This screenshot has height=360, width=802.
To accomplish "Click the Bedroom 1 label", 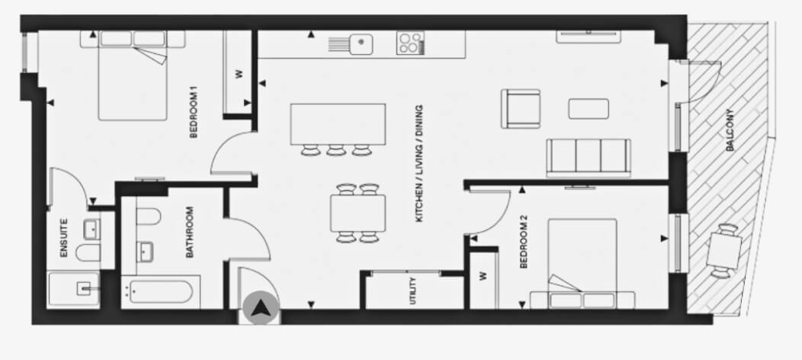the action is coord(194,115).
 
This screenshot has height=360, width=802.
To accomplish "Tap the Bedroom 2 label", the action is coord(523,242).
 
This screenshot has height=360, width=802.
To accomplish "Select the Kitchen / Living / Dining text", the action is coord(419,164).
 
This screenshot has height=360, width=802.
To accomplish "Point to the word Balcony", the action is coord(730,130).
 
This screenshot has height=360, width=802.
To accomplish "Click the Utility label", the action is coord(412,291).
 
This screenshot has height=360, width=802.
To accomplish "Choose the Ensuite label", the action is coord(64,238).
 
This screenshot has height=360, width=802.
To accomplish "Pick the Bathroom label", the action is coord(189,232).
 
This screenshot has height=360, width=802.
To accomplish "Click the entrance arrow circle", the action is coord(261,308).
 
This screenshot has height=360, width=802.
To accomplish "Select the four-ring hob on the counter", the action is coord(410,43).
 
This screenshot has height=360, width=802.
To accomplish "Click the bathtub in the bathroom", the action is coord(161,292).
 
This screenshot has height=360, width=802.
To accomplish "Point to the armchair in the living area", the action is coord(521,109).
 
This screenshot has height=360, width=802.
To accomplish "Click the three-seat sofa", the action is coord(589,157).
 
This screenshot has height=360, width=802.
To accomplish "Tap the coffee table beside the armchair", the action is coord(589,109).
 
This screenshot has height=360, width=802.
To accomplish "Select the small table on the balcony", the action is coord(724,251).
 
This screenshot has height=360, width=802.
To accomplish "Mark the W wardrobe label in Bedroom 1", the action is coord(239,74).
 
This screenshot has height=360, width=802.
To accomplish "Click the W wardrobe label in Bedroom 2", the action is coord(483,275).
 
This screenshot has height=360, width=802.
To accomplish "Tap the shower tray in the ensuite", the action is coord(73,290).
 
